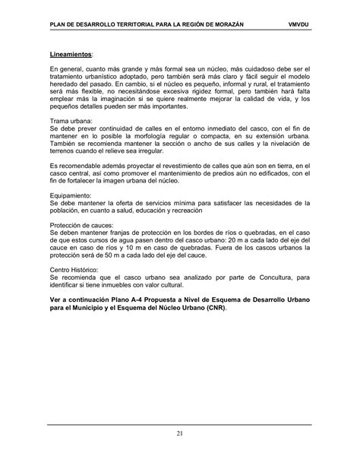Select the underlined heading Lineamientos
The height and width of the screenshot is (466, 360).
72,55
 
